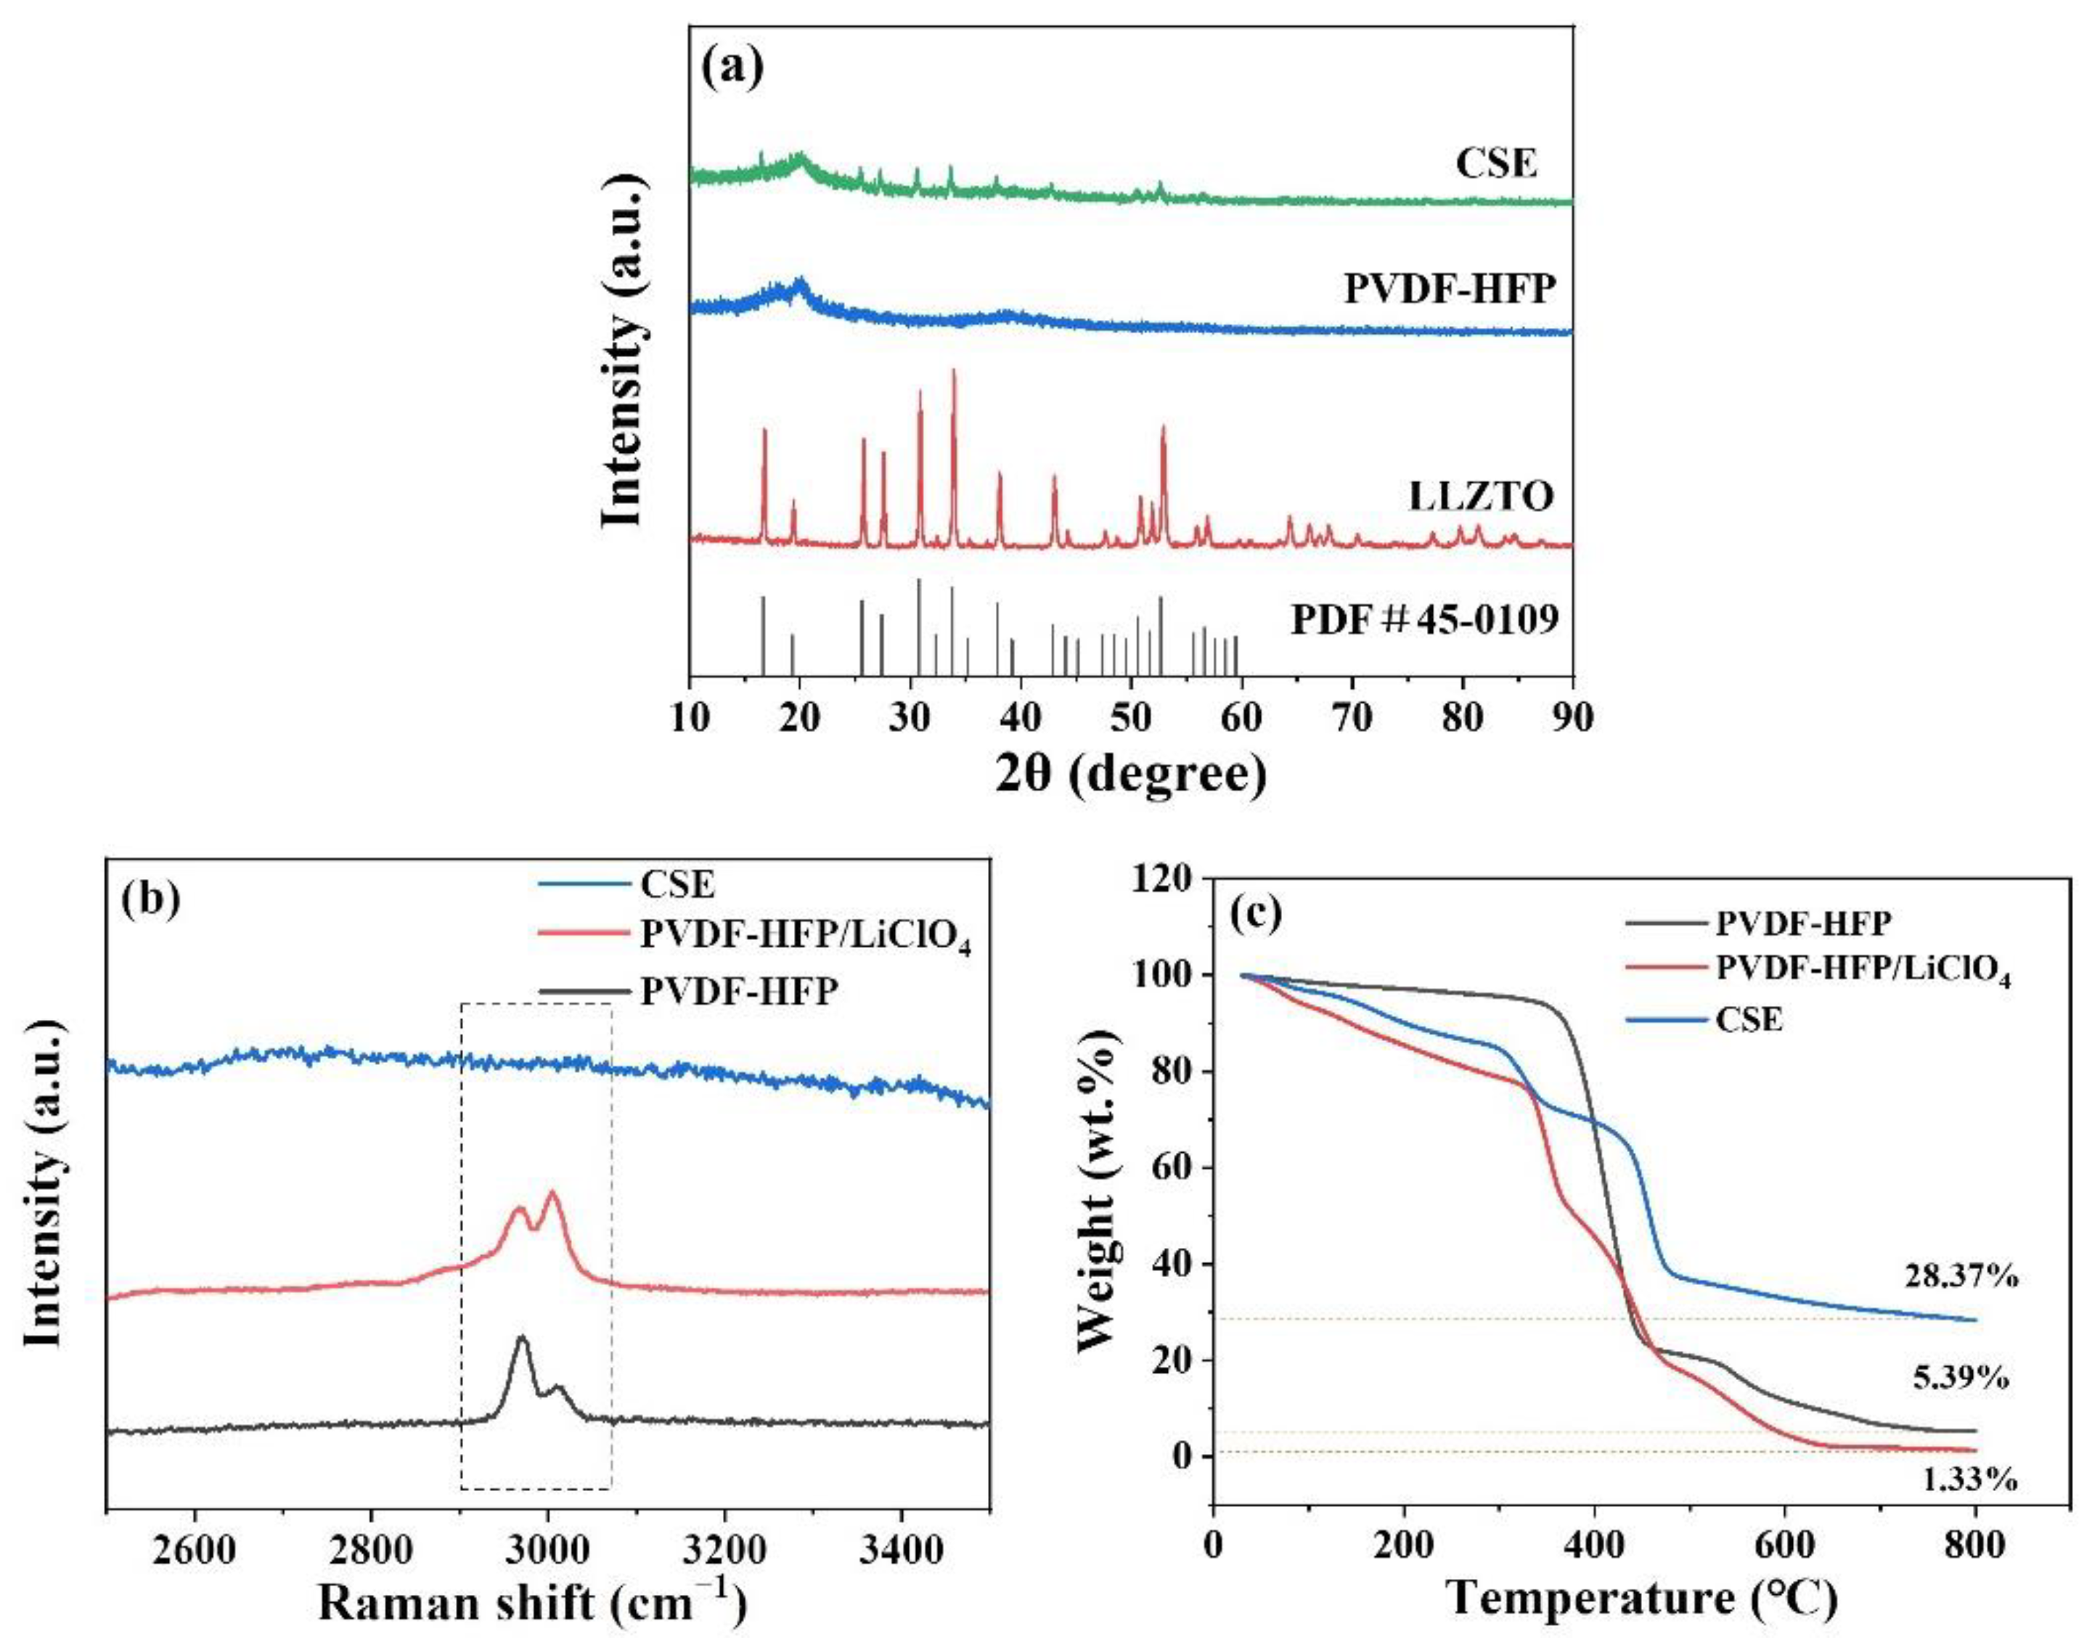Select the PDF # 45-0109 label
pos(1424,620)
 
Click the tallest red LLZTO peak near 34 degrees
pos(953,371)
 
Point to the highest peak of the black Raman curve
pos(522,1339)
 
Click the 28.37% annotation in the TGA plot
pos(1959,1277)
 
